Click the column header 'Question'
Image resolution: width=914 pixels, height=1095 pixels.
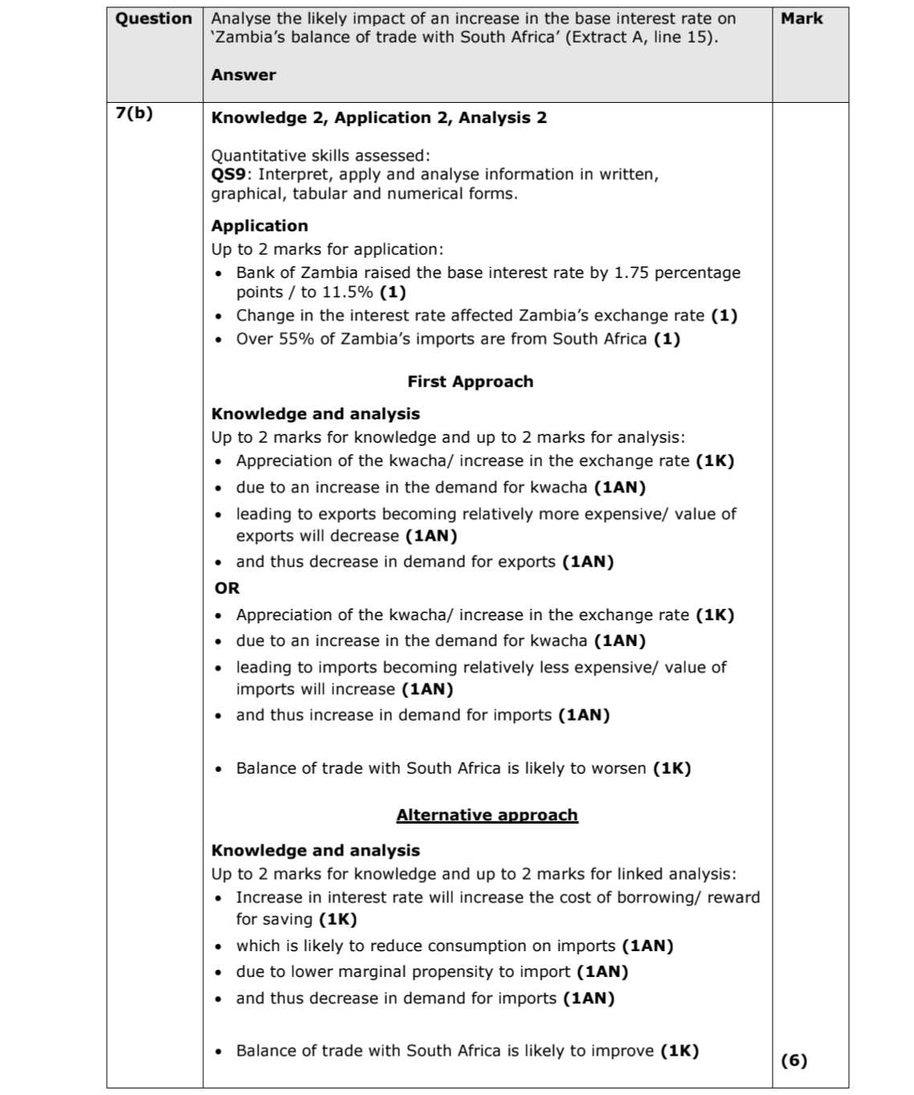[154, 18]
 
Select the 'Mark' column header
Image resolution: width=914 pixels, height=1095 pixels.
[802, 18]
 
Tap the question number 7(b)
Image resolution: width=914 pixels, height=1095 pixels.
[134, 112]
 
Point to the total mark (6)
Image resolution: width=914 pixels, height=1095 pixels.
[794, 1060]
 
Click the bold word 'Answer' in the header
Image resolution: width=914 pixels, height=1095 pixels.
[243, 75]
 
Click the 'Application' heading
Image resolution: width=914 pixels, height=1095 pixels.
[259, 226]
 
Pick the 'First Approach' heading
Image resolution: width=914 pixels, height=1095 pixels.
[470, 382]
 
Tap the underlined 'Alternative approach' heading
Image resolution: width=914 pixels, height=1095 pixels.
[487, 815]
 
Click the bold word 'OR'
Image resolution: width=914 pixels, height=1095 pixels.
[227, 588]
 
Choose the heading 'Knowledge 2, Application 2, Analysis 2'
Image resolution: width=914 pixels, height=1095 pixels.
[378, 117]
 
